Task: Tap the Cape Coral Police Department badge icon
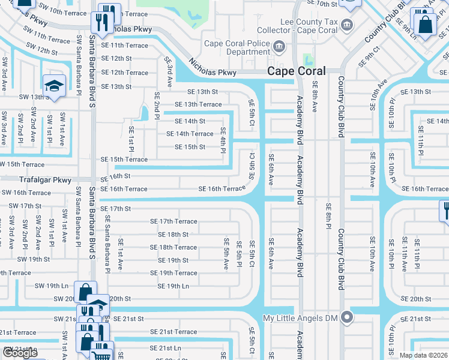pyautogui.click(x=279, y=47)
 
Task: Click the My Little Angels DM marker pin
pyautogui.click(x=346, y=317)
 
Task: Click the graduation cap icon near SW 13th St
pyautogui.click(x=53, y=86)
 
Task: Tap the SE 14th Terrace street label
pyautogui.click(x=193, y=134)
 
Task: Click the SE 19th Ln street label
pyautogui.click(x=173, y=286)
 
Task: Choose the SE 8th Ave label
pyautogui.click(x=315, y=98)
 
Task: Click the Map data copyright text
pyautogui.click(x=423, y=355)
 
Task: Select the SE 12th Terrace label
pyautogui.click(x=124, y=73)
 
